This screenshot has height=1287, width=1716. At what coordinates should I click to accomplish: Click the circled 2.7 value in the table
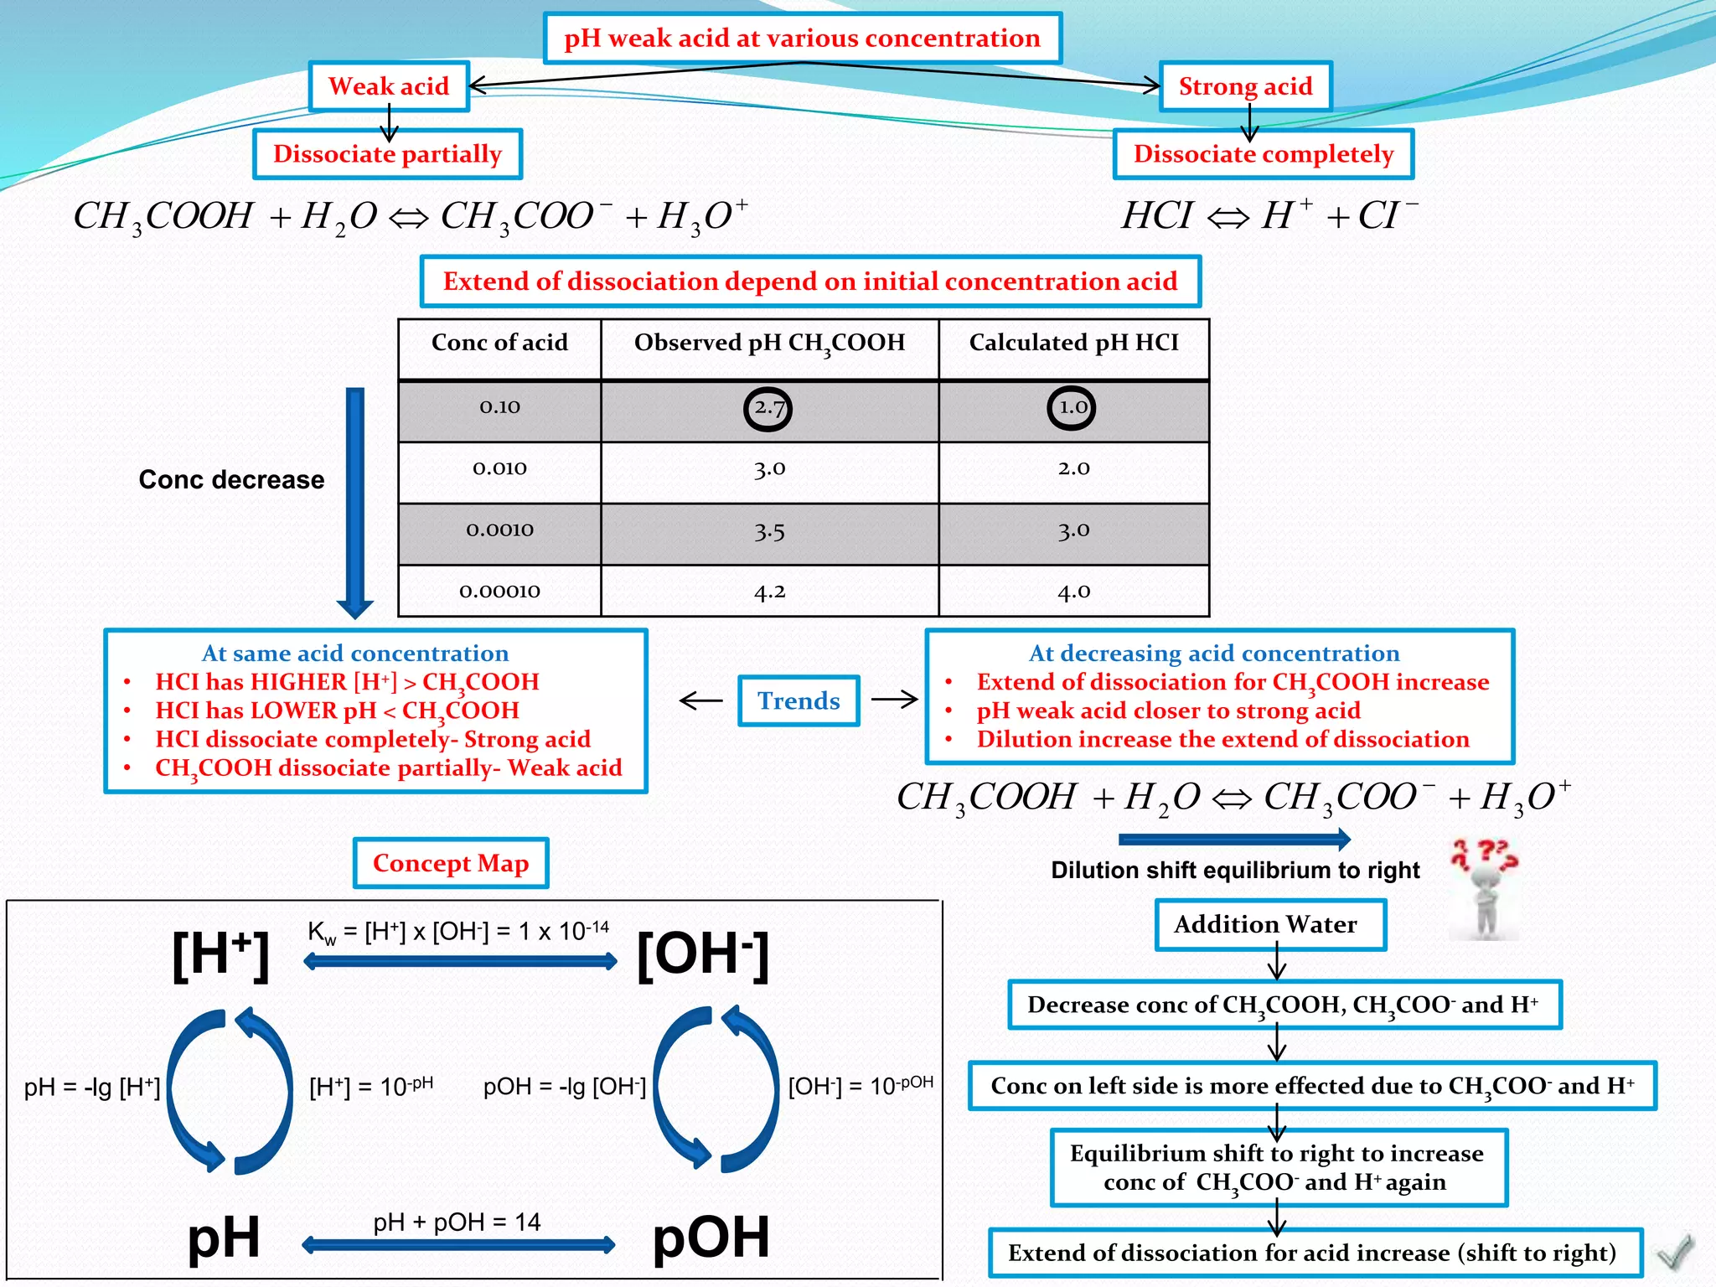tap(768, 409)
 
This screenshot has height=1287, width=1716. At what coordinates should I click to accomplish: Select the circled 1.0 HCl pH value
tap(1072, 408)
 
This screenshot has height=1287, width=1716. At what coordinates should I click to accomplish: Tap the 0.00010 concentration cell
tap(499, 592)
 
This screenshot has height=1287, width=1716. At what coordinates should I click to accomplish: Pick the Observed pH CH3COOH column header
tap(769, 344)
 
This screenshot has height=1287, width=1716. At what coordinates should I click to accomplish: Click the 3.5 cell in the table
tap(769, 531)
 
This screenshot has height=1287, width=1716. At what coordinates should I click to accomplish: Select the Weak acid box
tap(389, 86)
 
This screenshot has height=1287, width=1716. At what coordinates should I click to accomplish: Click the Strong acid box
tap(1245, 86)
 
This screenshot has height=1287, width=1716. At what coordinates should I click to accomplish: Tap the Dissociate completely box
tap(1263, 154)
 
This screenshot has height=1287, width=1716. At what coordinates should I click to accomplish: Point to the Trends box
tap(799, 700)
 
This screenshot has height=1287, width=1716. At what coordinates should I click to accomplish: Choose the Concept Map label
tap(451, 863)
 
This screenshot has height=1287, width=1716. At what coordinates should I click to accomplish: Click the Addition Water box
tap(1265, 924)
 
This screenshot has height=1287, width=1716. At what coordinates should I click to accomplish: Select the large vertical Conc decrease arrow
tap(355, 503)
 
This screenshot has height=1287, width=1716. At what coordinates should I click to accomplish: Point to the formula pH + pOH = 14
tap(457, 1222)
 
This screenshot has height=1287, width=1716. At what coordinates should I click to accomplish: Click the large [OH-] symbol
tap(702, 955)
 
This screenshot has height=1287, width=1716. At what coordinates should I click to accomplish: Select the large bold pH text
tap(223, 1237)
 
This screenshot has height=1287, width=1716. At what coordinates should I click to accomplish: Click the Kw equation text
tap(457, 932)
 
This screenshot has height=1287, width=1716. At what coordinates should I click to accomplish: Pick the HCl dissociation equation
tap(1269, 216)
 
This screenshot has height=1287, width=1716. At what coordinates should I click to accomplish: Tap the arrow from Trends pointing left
tap(700, 700)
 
